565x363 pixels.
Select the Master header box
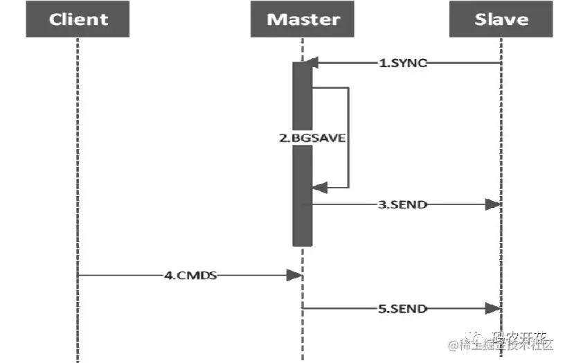[x=303, y=19]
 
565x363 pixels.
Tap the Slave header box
[x=501, y=19]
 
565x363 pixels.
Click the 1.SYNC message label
[x=403, y=63]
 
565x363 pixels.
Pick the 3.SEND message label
[x=403, y=204]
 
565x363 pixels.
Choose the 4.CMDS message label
[x=190, y=275]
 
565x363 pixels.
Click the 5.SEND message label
[x=403, y=308]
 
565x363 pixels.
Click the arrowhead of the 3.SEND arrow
[x=493, y=204]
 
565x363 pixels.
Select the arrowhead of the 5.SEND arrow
[x=493, y=308]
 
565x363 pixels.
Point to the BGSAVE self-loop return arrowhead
[x=318, y=187]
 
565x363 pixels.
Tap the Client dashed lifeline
[x=78, y=173]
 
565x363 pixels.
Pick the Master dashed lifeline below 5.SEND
[x=303, y=339]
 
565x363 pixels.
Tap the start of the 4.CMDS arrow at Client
[x=80, y=275]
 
